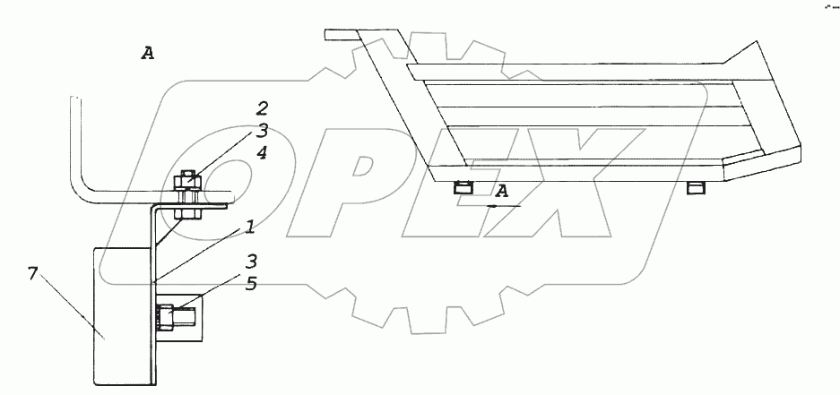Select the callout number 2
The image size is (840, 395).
click(x=261, y=109)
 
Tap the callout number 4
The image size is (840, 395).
click(x=261, y=152)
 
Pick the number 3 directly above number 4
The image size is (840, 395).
click(x=261, y=131)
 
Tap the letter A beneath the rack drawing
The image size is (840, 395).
click(x=503, y=190)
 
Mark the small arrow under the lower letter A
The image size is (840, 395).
click(x=493, y=205)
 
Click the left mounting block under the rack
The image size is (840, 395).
click(x=463, y=188)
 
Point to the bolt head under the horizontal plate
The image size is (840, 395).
click(x=186, y=213)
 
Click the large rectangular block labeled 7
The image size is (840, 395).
click(x=121, y=318)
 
